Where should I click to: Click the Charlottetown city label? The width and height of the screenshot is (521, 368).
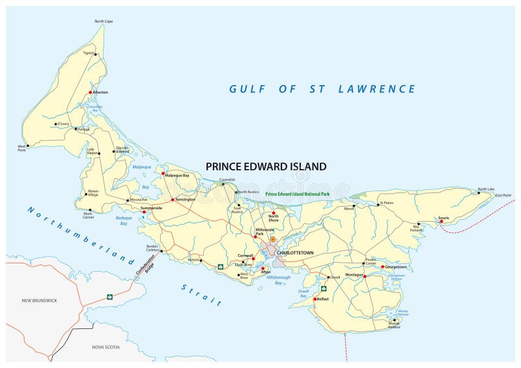tap(296, 252)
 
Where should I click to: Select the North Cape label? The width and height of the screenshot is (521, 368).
tap(104, 21)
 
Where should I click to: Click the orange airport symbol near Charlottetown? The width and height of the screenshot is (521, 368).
tap(273, 240)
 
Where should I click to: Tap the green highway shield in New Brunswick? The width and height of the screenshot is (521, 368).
tap(110, 297)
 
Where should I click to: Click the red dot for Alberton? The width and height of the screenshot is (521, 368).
tap(91, 92)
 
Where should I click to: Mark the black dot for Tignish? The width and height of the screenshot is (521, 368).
tap(96, 55)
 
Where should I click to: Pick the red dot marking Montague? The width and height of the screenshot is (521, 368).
tap(365, 276)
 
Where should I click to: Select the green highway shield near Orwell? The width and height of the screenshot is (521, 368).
tap(323, 288)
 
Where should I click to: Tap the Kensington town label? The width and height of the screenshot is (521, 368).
tap(184, 199)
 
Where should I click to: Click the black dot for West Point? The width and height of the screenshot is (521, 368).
tap(26, 146)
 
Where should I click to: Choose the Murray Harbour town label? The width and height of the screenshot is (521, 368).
tap(393, 325)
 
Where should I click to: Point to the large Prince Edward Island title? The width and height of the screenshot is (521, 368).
tap(266, 166)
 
